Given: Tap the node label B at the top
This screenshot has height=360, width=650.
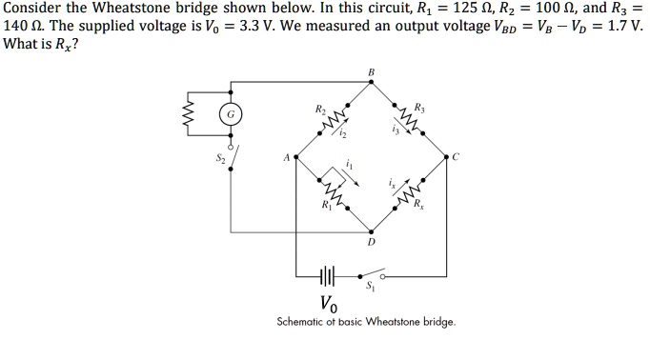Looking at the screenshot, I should (x=370, y=72).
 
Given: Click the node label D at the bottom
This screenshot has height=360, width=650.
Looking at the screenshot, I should (x=371, y=242).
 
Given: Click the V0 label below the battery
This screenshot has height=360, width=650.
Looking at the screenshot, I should (x=329, y=305).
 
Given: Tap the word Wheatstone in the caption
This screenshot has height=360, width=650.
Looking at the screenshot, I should (x=395, y=322).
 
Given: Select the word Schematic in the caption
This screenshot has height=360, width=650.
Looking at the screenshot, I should (x=301, y=322).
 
